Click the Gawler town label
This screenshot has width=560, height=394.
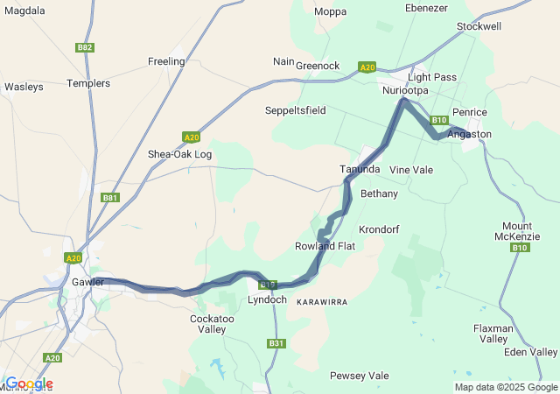[x=88, y=282]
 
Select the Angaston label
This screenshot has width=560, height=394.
[x=470, y=134]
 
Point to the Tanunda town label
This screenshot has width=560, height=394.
[x=360, y=169]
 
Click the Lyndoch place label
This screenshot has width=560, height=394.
[x=267, y=299]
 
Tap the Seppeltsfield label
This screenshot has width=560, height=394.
[x=295, y=110]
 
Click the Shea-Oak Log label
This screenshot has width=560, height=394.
[x=179, y=154]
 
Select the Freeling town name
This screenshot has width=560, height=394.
[x=166, y=61]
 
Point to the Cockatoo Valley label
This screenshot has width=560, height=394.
[x=208, y=324]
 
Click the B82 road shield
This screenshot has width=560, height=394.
[x=85, y=47]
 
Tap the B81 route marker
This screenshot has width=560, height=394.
[x=110, y=198]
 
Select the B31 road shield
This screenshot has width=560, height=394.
[x=276, y=343]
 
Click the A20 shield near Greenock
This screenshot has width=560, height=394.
[x=367, y=67]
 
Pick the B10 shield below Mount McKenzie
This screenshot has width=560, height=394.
[x=520, y=248]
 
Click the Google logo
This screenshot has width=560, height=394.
[x=29, y=383]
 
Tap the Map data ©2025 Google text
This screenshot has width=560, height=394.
[x=505, y=387]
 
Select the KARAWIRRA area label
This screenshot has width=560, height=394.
[x=322, y=301]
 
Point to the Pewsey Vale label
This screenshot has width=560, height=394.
[x=359, y=376]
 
